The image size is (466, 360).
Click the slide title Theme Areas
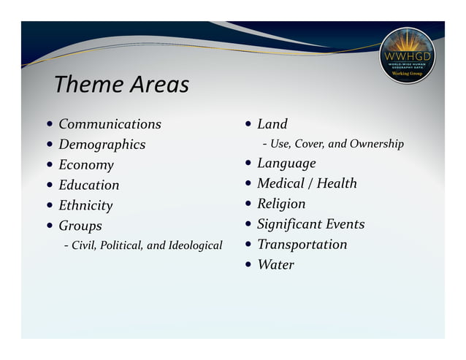[x=121, y=85]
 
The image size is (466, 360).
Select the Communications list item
[x=110, y=124]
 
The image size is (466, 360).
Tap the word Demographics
[x=102, y=145]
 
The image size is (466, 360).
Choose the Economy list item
[x=86, y=165]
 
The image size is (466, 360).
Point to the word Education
[x=88, y=185]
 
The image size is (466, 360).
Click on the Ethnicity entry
[x=85, y=205]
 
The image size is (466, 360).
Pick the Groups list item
[x=80, y=226]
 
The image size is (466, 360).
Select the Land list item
[x=272, y=124]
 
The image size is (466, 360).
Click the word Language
[x=286, y=163]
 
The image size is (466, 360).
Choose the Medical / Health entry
[x=307, y=183]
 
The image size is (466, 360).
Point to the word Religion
[x=281, y=204]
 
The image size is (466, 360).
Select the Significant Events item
[x=310, y=224]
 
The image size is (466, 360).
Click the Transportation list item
[x=302, y=244]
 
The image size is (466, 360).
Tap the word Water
[x=275, y=264]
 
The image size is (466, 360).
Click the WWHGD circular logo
[x=407, y=55]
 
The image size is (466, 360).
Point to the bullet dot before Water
[x=248, y=264]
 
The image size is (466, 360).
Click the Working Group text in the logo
[x=407, y=74]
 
